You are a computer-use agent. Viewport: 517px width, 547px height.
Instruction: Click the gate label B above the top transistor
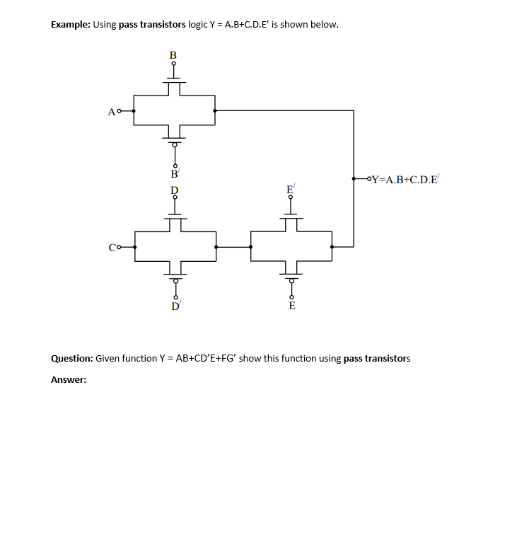[173, 54]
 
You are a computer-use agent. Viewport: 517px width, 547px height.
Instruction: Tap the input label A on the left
[111, 111]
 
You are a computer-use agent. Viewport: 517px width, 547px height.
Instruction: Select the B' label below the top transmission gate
[174, 172]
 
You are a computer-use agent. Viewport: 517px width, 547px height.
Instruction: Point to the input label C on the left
[112, 247]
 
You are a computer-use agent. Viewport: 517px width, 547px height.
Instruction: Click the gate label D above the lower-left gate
[174, 190]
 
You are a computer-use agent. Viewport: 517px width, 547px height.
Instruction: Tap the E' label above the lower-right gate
[291, 190]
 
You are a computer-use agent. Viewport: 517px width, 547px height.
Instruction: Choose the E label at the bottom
[291, 306]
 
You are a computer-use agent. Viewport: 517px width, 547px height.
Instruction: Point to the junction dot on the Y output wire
[354, 179]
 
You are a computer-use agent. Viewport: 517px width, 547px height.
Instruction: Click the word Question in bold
[71, 358]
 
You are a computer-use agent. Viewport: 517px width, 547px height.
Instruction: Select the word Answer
[68, 380]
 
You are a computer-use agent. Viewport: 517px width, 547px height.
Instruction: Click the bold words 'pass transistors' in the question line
[376, 358]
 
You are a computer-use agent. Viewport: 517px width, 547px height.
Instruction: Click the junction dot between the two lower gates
[216, 247]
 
